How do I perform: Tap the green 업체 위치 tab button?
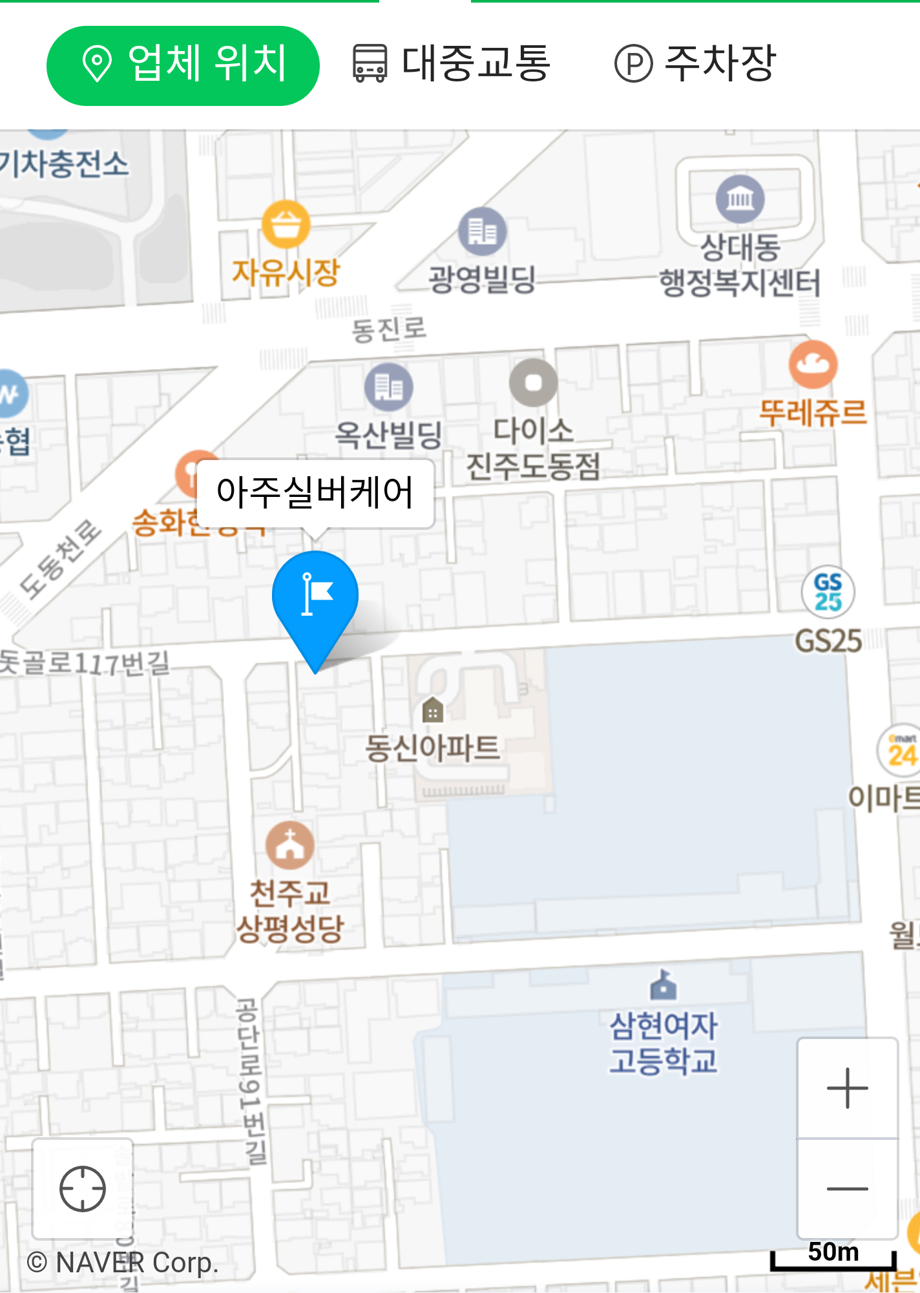[183, 65]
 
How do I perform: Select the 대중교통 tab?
[451, 64]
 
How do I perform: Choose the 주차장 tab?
[695, 64]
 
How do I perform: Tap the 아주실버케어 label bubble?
[315, 492]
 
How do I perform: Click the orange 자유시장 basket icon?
[286, 224]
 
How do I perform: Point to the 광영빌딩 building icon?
[482, 231]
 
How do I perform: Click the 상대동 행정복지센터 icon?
[740, 198]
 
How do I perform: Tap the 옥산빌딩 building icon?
[388, 387]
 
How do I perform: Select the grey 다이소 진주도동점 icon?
[533, 383]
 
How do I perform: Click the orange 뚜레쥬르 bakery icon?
[813, 364]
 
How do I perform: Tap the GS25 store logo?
[828, 591]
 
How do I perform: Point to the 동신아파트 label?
[432, 748]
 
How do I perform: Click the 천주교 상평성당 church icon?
[290, 845]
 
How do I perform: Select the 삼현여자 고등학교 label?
[664, 1042]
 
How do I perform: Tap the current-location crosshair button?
[83, 1189]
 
